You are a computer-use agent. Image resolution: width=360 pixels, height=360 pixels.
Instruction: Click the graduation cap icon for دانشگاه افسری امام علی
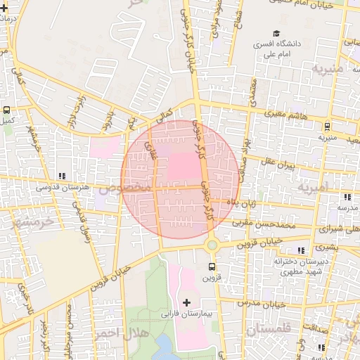tap(276, 33)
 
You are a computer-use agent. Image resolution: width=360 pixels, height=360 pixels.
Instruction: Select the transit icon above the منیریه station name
tap(327, 127)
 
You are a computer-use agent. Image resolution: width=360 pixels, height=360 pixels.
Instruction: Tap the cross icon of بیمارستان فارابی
tap(186, 302)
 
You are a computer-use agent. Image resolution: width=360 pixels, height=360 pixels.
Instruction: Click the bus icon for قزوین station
tap(212, 266)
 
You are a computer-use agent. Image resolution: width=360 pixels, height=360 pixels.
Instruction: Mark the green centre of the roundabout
tap(212, 245)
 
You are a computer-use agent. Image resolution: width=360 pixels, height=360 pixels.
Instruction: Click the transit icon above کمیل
tap(7, 110)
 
